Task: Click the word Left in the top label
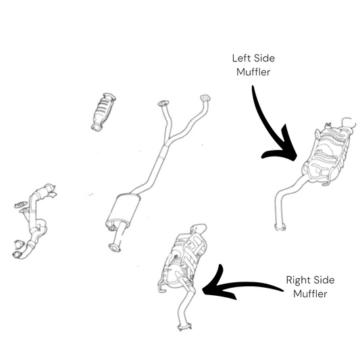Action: [x=242, y=58]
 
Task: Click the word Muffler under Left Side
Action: [x=253, y=72]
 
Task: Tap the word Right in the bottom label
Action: [x=298, y=280]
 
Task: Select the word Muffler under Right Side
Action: [x=310, y=294]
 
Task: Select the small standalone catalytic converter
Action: [x=103, y=112]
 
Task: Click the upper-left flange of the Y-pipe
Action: [x=163, y=103]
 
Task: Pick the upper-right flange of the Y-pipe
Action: [x=205, y=98]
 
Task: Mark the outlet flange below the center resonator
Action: [x=114, y=248]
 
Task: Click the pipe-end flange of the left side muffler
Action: [x=280, y=226]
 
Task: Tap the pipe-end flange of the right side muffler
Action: [x=184, y=327]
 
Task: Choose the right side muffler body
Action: [x=182, y=259]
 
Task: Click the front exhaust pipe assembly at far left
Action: [x=34, y=220]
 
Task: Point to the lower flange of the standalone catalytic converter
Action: [x=97, y=127]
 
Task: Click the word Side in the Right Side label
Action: [x=324, y=280]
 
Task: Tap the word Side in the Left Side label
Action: [x=265, y=58]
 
